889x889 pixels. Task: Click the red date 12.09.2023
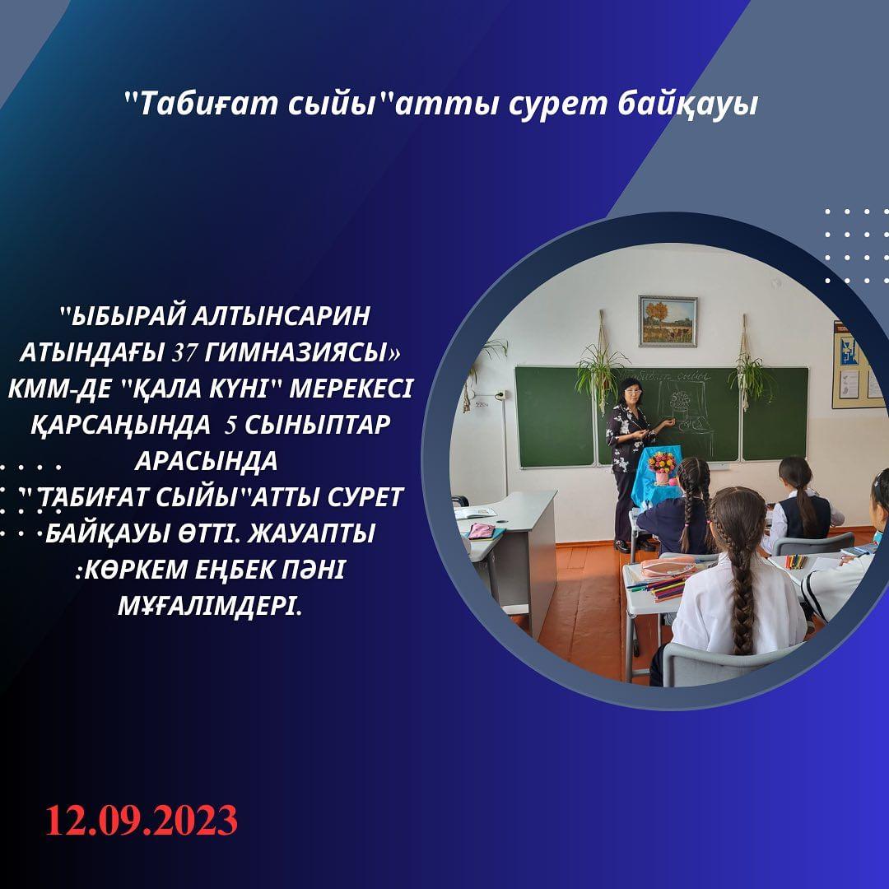point(142,821)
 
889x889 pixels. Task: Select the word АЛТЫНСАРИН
point(281,316)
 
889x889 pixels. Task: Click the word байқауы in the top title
point(687,105)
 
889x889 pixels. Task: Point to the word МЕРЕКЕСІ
point(351,389)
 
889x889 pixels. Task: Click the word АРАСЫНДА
point(207,462)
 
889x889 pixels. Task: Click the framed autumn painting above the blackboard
point(668,321)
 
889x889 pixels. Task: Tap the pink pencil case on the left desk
point(481,531)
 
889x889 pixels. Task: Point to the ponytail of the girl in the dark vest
point(804,505)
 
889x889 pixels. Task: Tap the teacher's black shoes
point(630,546)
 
